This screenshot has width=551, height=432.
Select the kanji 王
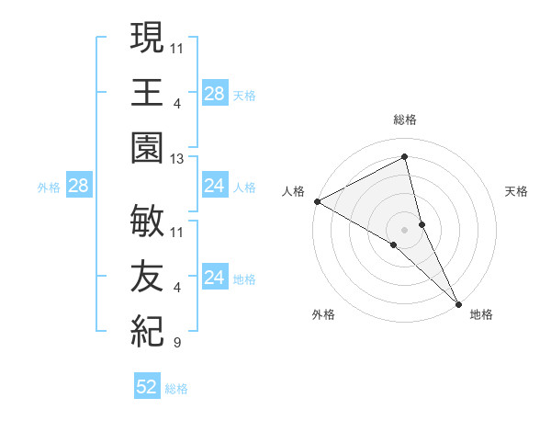pyautogui.click(x=147, y=93)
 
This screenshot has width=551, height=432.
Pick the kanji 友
pyautogui.click(x=147, y=273)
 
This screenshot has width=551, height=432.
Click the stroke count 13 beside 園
pyautogui.click(x=177, y=159)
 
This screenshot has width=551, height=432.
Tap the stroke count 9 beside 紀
pyautogui.click(x=176, y=344)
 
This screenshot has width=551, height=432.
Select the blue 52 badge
pyautogui.click(x=147, y=388)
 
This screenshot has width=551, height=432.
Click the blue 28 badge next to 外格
pyautogui.click(x=79, y=187)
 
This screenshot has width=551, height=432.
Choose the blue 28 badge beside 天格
pyautogui.click(x=214, y=94)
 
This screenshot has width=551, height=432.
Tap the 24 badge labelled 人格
pyautogui.click(x=214, y=187)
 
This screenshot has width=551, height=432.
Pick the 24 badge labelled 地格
pyautogui.click(x=214, y=278)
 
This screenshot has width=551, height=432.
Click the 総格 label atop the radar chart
pyautogui.click(x=404, y=119)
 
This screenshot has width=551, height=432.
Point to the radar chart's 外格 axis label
pyautogui.click(x=323, y=314)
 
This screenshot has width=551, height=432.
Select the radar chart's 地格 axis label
pyautogui.click(x=481, y=314)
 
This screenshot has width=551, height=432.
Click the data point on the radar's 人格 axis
pyautogui.click(x=317, y=200)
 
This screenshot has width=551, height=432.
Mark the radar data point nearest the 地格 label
pyautogui.click(x=458, y=302)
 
